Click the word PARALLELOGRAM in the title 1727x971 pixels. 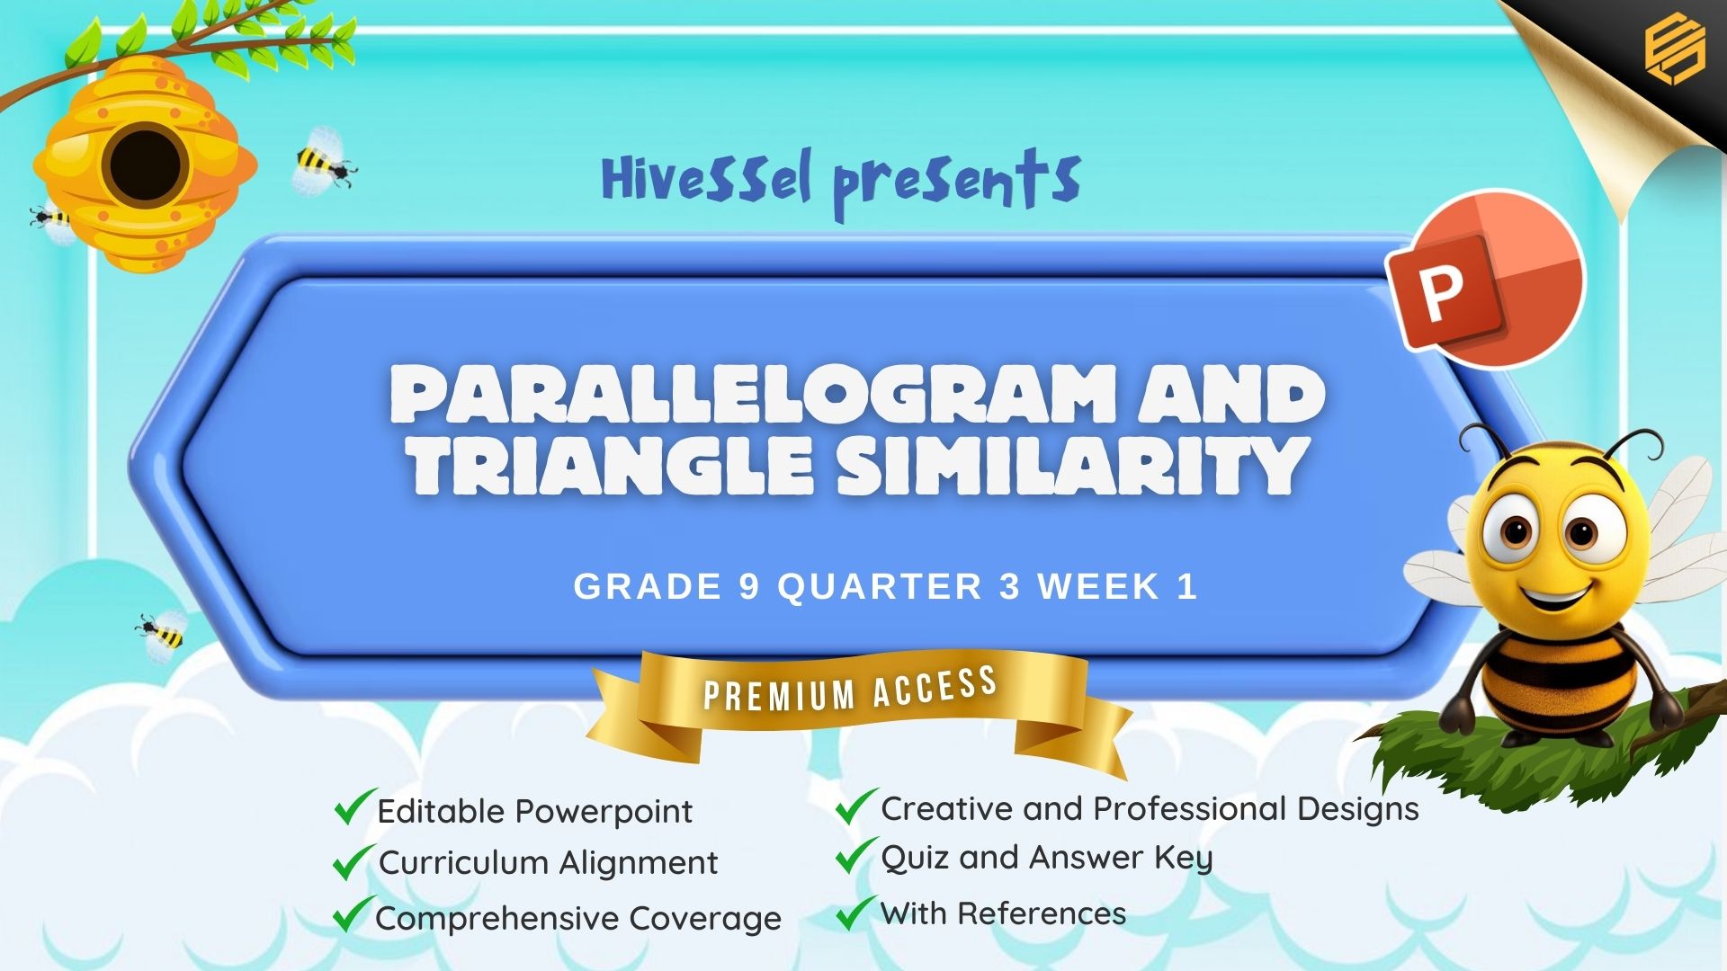[x=753, y=395]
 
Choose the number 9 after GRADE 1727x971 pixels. [x=749, y=587]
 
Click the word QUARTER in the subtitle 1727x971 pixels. [x=880, y=587]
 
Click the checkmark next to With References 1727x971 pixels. [x=855, y=912]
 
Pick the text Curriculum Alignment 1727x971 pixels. [x=548, y=863]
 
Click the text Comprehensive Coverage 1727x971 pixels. [x=578, y=919]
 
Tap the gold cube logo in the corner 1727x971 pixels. [x=1675, y=49]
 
